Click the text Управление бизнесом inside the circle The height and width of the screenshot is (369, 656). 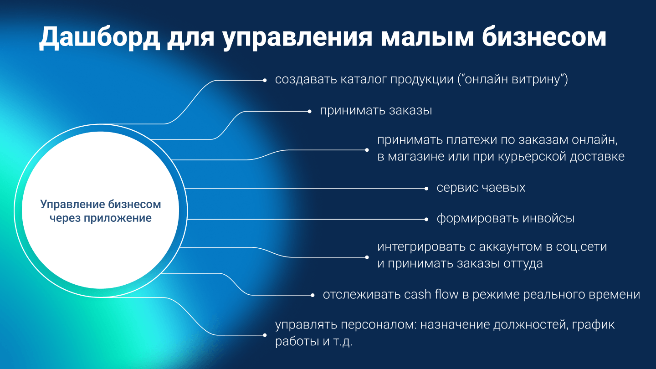pos(101,204)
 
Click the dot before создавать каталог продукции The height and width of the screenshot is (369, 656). pos(265,80)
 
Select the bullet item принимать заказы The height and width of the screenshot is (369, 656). pos(375,111)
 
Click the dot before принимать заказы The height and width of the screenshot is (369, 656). pos(309,111)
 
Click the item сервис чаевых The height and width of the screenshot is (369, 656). pos(481,188)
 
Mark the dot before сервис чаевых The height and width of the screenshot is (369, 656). pos(426,188)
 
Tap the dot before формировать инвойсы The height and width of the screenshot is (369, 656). pos(426,219)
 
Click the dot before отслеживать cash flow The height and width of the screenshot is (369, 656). pos(313,295)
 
